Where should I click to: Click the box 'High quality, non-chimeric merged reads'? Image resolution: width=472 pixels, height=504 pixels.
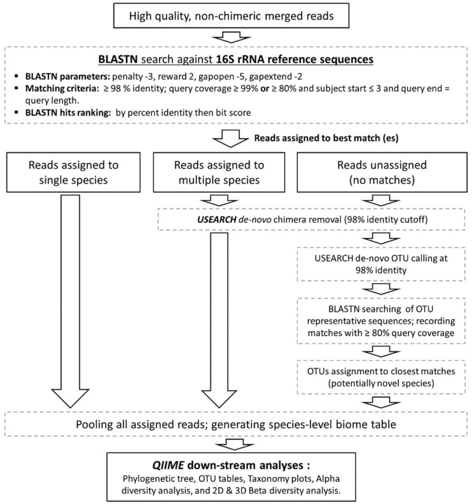[x=231, y=15]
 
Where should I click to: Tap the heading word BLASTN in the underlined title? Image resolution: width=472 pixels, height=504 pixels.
[x=118, y=59]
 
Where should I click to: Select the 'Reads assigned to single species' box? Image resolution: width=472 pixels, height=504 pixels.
[x=73, y=172]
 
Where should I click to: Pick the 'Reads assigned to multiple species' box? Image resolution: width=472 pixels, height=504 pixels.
[x=219, y=172]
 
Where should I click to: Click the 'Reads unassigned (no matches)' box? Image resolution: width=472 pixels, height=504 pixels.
[x=382, y=172]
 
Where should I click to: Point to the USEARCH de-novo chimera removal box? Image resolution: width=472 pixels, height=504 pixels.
[x=311, y=220]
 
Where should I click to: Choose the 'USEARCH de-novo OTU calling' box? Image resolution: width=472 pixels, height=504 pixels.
[x=381, y=264]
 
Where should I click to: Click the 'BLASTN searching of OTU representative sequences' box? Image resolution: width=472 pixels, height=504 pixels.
[x=381, y=321]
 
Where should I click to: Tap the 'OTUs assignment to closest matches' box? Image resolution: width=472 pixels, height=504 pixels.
[x=381, y=377]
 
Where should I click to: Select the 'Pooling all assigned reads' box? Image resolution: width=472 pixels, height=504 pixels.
[x=236, y=424]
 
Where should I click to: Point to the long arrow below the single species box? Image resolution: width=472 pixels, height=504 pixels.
[x=70, y=301]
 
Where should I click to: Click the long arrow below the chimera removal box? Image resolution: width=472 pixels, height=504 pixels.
[x=219, y=320]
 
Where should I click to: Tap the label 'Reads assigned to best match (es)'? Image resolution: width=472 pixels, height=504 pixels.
[x=326, y=138]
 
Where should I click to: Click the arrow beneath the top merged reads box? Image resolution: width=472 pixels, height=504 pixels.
[x=232, y=38]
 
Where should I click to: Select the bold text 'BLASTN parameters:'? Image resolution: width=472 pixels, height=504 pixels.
[x=68, y=77]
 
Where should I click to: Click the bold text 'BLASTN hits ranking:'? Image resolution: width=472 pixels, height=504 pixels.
[x=68, y=113]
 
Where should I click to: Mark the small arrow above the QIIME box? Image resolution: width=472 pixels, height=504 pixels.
[x=235, y=445]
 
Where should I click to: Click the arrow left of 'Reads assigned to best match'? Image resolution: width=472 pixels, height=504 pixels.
[x=231, y=139]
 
